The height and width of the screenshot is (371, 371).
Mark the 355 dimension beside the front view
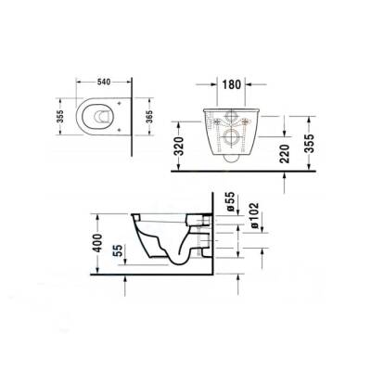tap(315, 137)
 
